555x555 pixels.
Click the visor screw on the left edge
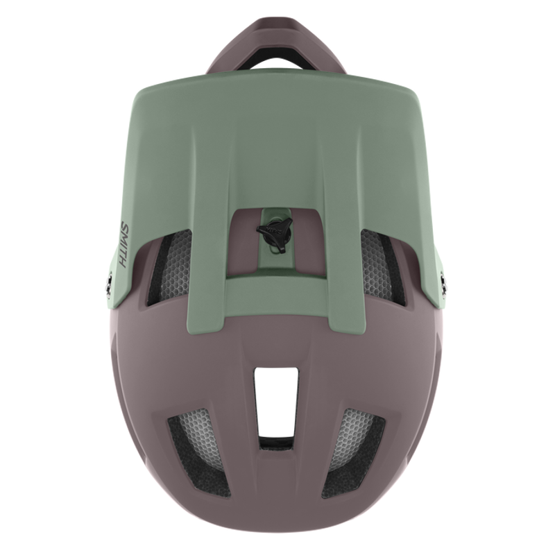click(108, 280)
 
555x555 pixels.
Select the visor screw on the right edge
click(445, 280)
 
